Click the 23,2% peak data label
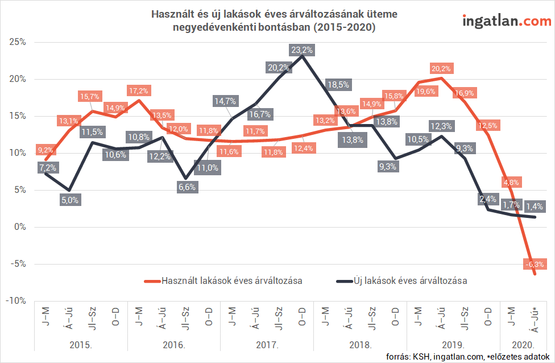tap(301, 50)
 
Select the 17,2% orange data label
tap(138, 90)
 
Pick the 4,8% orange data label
tap(510, 182)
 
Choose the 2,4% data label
tap(487, 199)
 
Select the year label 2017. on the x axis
tap(267, 345)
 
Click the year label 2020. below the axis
tap(522, 345)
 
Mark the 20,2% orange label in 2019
tap(441, 69)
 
